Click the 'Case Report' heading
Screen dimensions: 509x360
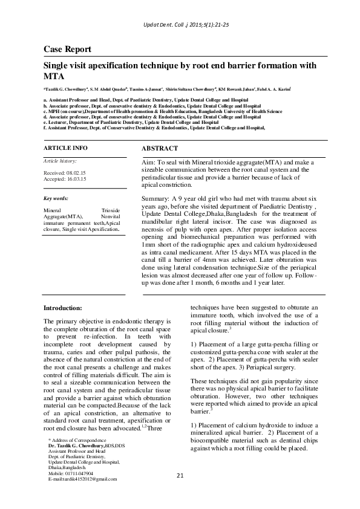pos(67,49)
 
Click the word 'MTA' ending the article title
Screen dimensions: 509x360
pos(53,77)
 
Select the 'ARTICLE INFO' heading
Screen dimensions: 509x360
pos(65,148)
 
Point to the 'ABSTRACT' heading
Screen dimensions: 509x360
pos(159,148)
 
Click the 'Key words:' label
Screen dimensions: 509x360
pos(56,198)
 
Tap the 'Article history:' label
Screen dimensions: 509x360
pos(59,161)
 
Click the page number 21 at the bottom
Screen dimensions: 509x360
pos(180,476)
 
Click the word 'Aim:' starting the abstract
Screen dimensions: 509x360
pos(149,163)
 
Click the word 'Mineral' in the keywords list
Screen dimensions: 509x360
pos(53,210)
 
